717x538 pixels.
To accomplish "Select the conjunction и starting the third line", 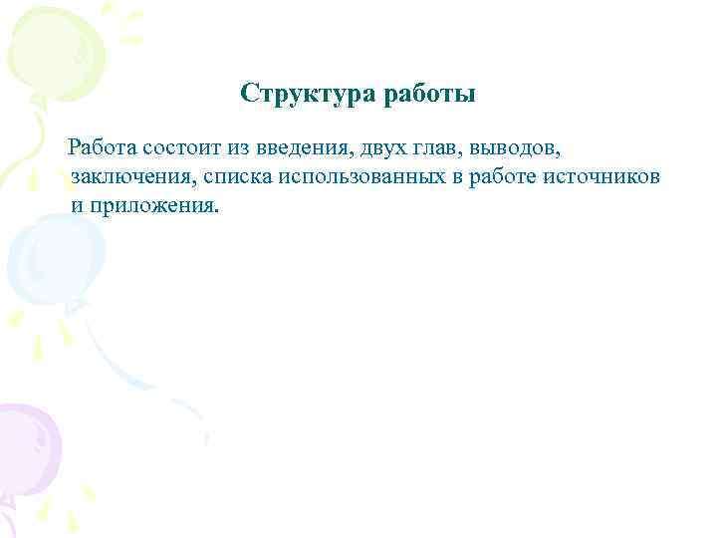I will point(77,206).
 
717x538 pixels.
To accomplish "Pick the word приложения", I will point(152,206).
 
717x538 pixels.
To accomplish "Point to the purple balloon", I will point(25,448).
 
